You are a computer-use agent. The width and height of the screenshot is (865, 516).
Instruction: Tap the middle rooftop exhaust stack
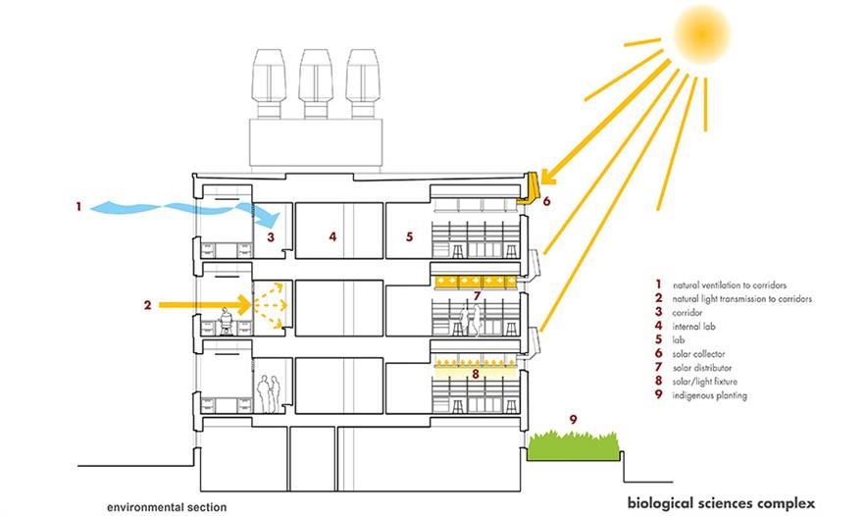314,82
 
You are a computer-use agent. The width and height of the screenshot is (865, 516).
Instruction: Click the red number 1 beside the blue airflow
76,206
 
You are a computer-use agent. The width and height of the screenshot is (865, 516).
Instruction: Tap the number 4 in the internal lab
333,235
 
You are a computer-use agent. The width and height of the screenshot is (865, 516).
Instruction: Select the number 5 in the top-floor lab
410,236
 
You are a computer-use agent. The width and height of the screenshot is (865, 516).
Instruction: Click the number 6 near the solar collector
546,201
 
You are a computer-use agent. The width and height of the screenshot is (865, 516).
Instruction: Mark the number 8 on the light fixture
477,373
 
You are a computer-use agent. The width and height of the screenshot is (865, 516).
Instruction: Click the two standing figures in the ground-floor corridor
268,393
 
